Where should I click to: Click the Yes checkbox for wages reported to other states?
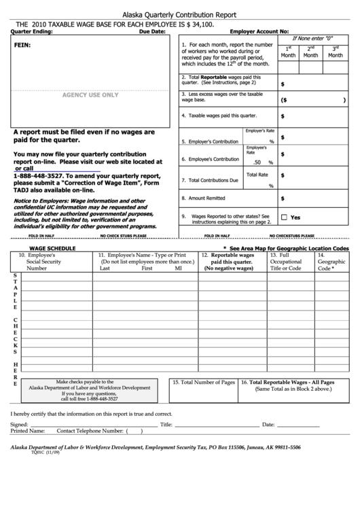point(285,217)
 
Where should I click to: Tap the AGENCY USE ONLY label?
point(90,95)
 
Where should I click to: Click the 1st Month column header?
point(288,52)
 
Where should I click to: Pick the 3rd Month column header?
point(335,52)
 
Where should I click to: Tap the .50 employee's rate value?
point(257,162)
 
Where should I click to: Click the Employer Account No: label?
point(259,32)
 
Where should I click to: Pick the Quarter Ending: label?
point(32,32)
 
